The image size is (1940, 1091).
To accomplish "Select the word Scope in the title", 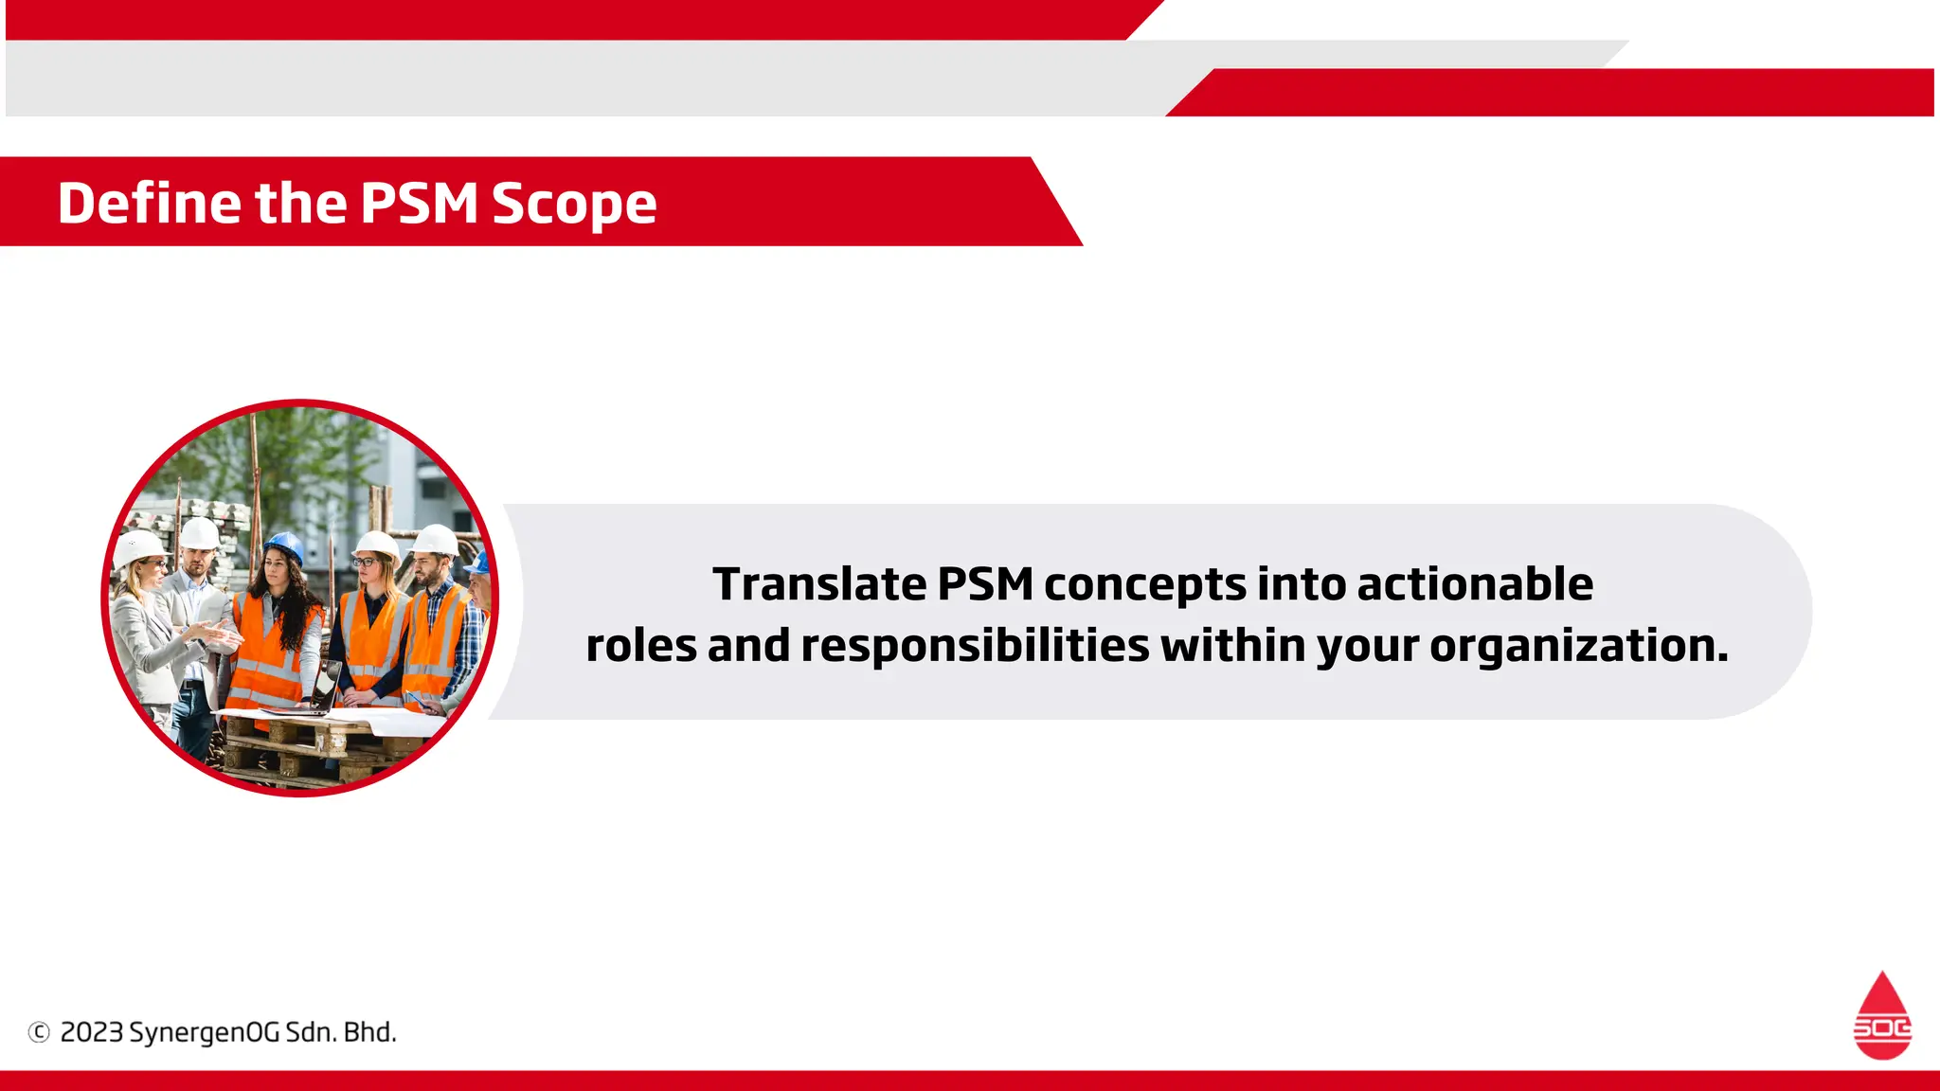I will [574, 205].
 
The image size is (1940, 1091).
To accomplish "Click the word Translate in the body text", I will [819, 584].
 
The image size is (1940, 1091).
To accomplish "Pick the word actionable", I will [1475, 584].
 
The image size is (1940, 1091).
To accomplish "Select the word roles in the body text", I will [641, 647].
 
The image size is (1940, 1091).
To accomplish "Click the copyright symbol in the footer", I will [39, 1032].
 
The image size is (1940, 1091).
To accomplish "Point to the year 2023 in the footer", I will [92, 1032].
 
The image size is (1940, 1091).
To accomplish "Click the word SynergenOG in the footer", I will [204, 1032].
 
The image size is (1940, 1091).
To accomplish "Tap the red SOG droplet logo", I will [1882, 1015].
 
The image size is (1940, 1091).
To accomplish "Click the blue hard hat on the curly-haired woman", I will [284, 546].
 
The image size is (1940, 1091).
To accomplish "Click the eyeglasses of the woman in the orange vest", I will [366, 563].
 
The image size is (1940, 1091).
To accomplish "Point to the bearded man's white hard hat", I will [436, 541].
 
